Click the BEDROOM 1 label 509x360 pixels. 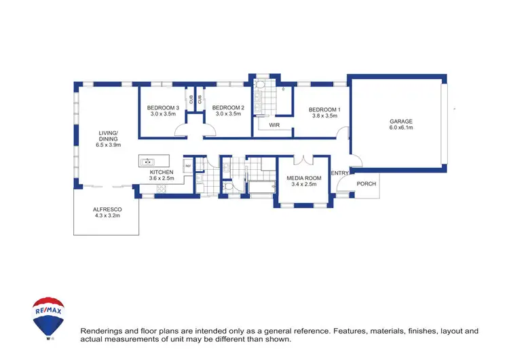coord(324,110)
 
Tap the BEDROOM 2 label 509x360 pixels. coord(227,107)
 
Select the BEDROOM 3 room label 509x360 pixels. coord(163,107)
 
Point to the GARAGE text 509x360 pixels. coord(400,122)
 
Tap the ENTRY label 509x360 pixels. coord(339,173)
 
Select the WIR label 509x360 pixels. coord(275,126)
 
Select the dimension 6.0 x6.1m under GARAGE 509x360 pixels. coord(400,128)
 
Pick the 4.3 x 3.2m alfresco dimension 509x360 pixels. coord(107,216)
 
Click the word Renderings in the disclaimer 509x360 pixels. coord(104,331)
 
